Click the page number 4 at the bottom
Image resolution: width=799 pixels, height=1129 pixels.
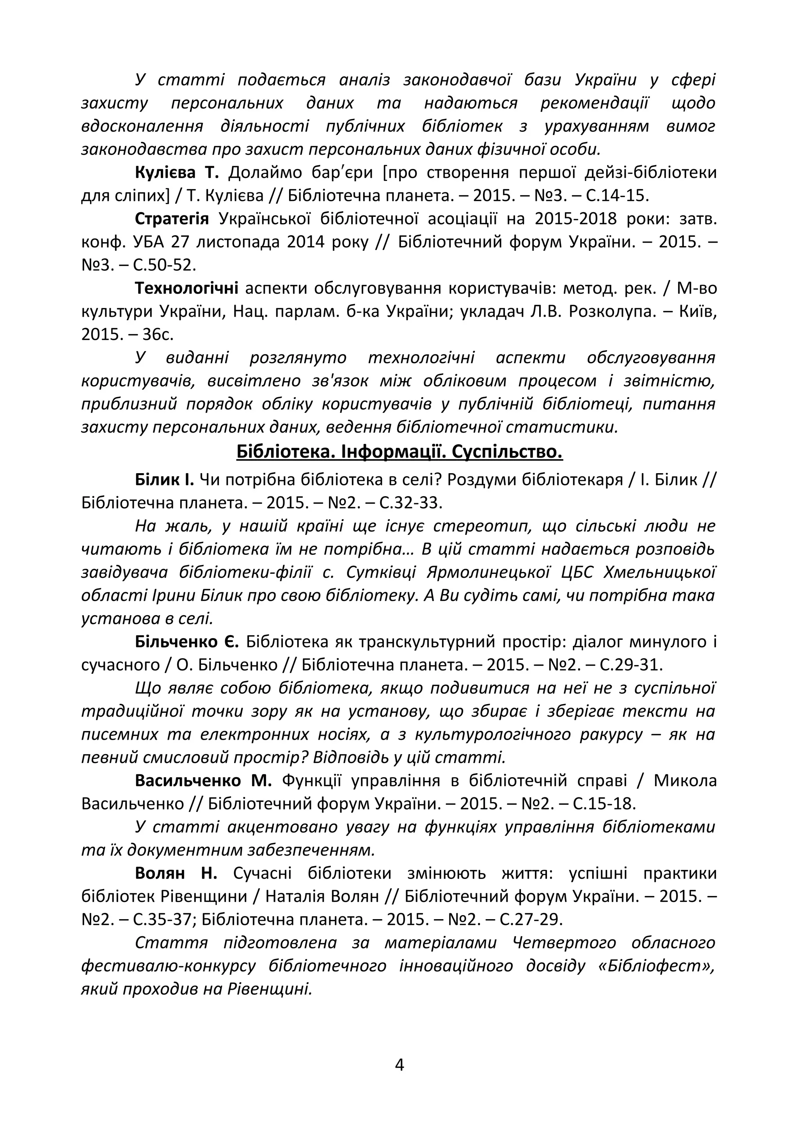pos(399,1065)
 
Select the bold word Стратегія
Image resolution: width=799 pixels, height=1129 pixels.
pos(172,219)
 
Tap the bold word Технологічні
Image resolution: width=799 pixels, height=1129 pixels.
pos(186,288)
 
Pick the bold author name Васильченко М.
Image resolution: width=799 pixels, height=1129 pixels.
pos(203,781)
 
